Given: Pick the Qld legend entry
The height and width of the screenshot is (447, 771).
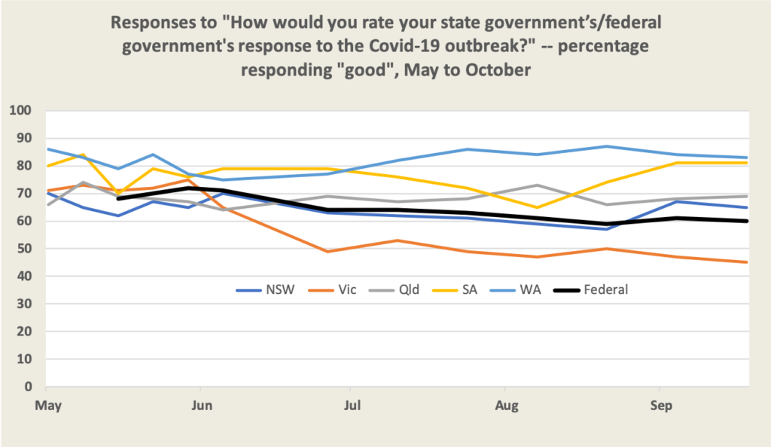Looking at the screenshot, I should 396,289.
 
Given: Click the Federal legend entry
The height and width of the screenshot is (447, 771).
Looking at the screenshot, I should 596,289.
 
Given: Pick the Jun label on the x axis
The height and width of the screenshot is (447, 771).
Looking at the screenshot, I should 200,405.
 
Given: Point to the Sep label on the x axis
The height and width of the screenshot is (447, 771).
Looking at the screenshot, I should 660,405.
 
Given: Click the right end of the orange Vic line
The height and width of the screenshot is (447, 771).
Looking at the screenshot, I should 747,262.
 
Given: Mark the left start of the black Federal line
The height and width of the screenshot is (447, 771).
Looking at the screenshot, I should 119,198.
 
